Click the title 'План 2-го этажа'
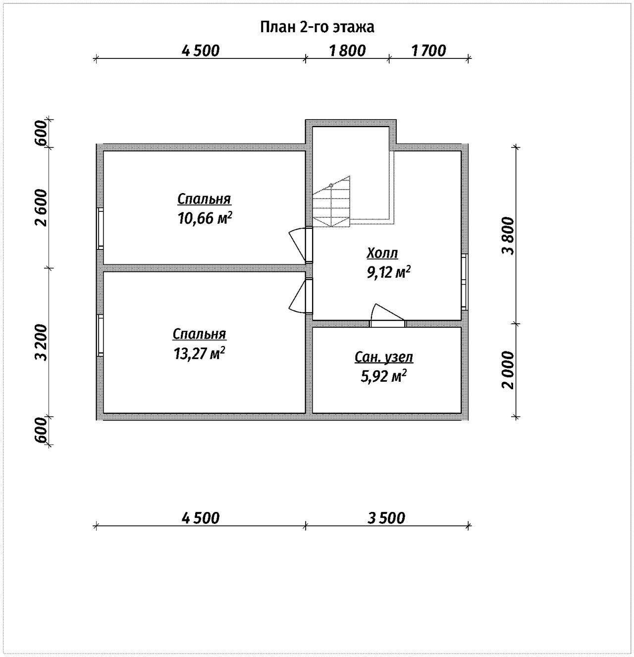click(317, 27)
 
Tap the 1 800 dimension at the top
click(347, 51)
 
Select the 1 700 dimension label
click(428, 51)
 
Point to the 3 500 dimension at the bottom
click(386, 518)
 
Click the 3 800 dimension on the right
click(508, 236)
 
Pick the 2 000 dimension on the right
click(508, 370)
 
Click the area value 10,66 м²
click(205, 218)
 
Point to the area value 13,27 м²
click(199, 354)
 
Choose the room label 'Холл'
click(382, 253)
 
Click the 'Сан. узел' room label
click(384, 357)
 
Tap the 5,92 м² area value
click(383, 376)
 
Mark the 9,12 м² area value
click(388, 272)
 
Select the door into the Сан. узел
click(387, 316)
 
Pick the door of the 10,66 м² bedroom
click(301, 245)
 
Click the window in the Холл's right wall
click(465, 282)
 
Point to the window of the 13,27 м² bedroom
click(100, 335)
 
